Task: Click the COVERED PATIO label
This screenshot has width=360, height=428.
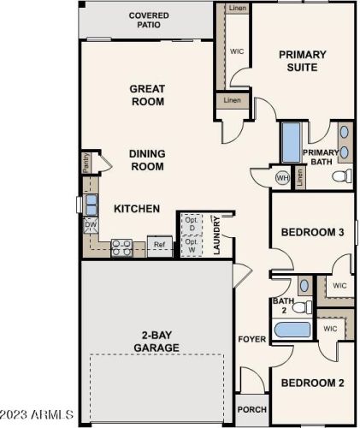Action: [149, 21]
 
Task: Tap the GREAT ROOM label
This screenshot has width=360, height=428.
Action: [147, 94]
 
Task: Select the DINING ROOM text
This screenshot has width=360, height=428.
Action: [147, 160]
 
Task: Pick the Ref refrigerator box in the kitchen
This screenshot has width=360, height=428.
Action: [159, 245]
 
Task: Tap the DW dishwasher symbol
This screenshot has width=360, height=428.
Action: [91, 224]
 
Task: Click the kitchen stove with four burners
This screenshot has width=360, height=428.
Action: [121, 247]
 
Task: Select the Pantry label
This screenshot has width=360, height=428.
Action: [86, 160]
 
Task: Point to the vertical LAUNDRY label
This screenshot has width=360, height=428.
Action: [217, 235]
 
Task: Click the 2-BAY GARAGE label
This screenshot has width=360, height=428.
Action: [156, 342]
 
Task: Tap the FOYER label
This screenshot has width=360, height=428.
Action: [251, 339]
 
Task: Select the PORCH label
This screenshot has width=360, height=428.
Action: [252, 409]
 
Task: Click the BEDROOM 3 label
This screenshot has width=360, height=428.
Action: [312, 232]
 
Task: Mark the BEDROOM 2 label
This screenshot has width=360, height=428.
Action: [312, 383]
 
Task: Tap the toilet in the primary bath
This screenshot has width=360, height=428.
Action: [340, 176]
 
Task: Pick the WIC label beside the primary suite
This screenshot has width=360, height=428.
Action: [237, 51]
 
